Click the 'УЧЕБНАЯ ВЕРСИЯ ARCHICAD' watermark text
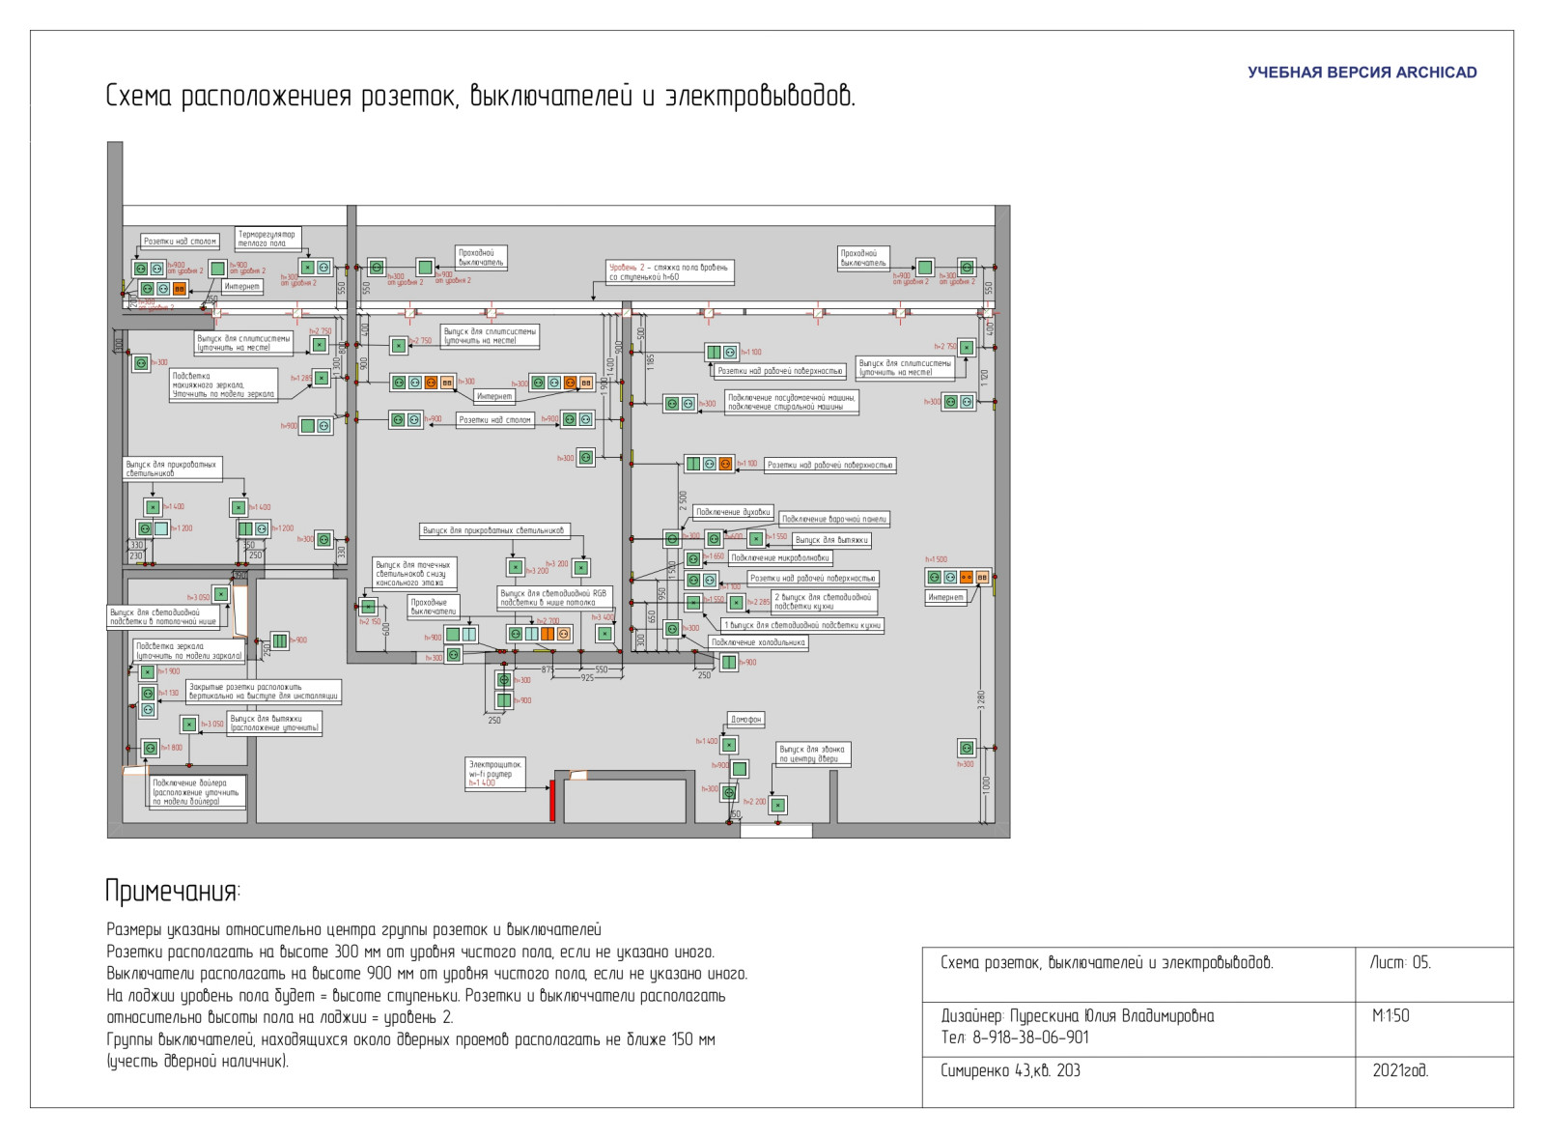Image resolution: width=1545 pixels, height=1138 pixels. (1362, 72)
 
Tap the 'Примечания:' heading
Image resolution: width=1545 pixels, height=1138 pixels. (173, 891)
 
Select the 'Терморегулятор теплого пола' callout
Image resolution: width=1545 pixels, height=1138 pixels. (267, 239)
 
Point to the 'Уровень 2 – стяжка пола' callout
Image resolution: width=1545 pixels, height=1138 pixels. (670, 272)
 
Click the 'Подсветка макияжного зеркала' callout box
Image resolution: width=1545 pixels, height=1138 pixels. (223, 384)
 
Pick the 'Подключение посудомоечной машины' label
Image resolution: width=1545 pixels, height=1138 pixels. (791, 402)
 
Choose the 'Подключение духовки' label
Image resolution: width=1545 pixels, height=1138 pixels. (733, 512)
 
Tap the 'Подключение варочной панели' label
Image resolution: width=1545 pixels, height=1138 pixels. (833, 519)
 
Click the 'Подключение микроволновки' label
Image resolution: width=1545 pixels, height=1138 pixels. (779, 557)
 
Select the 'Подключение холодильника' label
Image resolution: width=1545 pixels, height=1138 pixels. (758, 642)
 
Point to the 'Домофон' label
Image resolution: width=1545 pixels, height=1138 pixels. (745, 719)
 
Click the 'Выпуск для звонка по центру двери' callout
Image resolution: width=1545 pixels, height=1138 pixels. (812, 754)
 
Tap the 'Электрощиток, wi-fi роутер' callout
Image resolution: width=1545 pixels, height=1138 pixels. (495, 774)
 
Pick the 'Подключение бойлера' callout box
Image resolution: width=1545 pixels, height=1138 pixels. (197, 792)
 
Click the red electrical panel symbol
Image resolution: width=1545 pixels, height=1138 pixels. (552, 801)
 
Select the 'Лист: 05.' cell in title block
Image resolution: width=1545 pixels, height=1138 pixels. (1400, 963)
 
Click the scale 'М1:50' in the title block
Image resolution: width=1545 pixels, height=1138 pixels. (1390, 1016)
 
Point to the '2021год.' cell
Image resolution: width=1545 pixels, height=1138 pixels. (1399, 1071)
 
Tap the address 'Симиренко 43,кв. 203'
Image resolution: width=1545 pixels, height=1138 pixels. (1010, 1071)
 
